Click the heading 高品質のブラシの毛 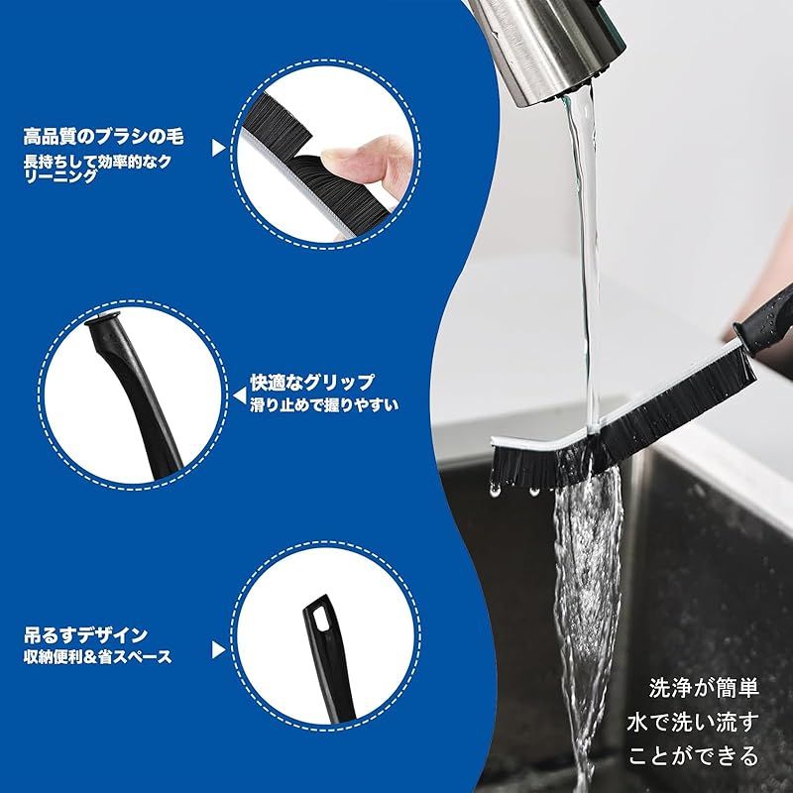104,137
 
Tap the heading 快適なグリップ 312,383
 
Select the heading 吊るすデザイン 85,634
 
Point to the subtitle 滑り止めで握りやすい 324,405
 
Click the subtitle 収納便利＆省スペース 97,657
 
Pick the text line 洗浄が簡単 704,688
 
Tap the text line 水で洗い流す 693,722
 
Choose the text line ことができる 694,756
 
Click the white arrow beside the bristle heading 218,148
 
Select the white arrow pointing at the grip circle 239,396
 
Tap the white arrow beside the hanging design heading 218,650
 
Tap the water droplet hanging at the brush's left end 495,490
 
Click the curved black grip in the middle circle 136,395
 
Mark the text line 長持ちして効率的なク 97,162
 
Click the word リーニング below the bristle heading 60,176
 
